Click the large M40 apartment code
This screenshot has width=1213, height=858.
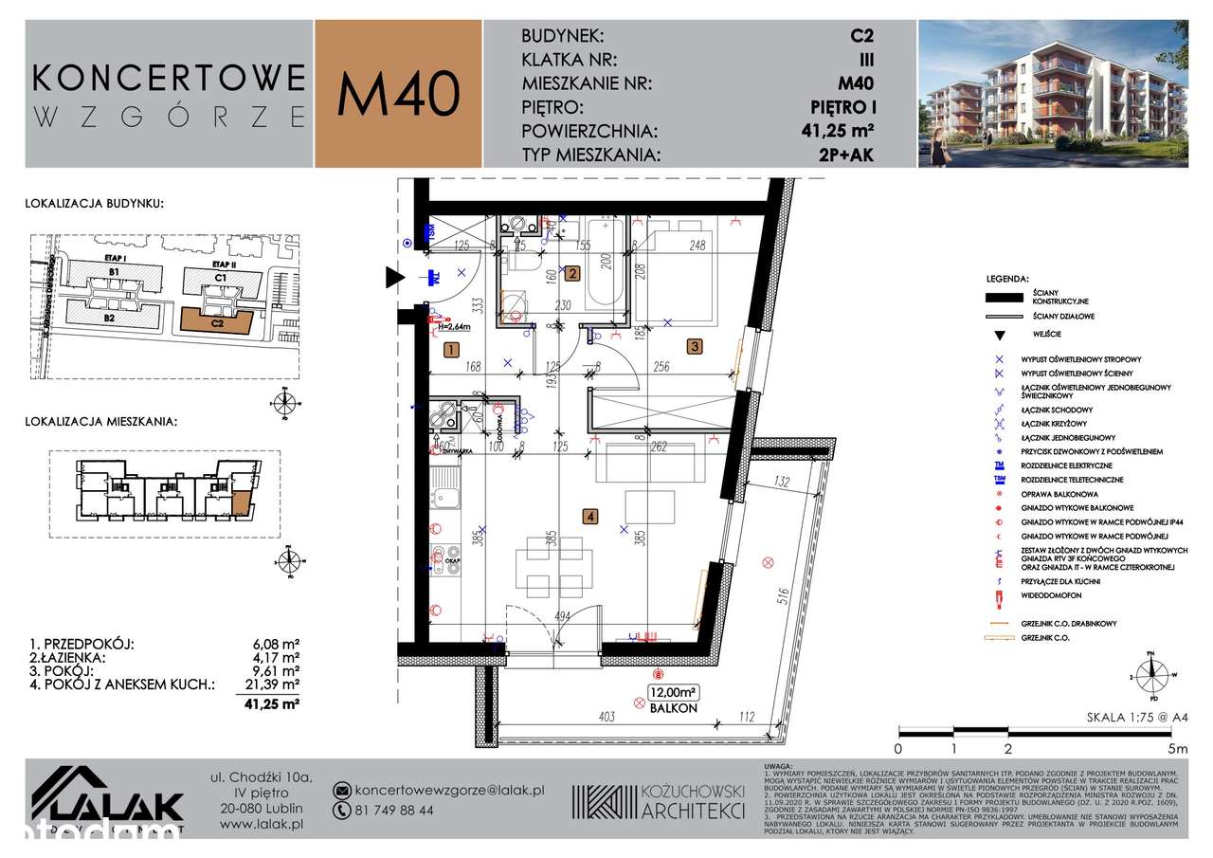tap(399, 94)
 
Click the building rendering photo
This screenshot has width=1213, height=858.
tap(1052, 94)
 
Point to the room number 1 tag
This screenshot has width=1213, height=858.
tap(451, 351)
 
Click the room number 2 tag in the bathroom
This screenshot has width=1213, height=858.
tap(571, 275)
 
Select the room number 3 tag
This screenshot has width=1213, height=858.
tap(695, 347)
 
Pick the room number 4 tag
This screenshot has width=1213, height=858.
tap(590, 518)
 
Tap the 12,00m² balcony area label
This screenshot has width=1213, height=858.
tap(673, 691)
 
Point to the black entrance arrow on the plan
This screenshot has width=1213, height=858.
tap(392, 278)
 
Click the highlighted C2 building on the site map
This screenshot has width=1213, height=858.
tap(217, 320)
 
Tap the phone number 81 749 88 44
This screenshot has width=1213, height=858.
tap(393, 811)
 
